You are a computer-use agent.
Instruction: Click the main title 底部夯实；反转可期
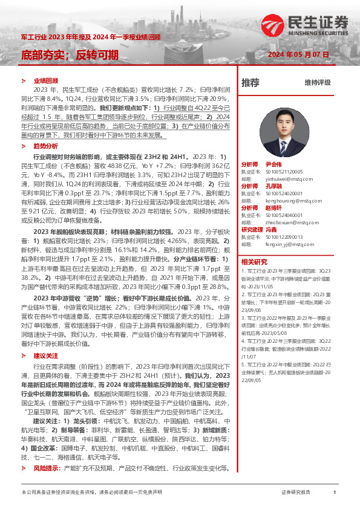(x=70, y=56)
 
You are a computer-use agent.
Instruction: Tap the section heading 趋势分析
(x=46, y=146)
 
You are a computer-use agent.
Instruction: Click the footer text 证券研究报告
(x=296, y=493)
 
